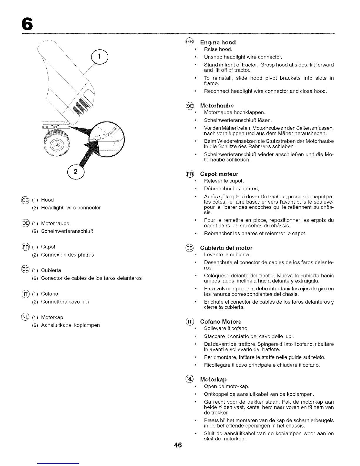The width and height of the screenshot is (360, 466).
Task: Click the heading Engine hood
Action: [x=218, y=42]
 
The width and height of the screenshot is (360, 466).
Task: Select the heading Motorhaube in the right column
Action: [x=217, y=106]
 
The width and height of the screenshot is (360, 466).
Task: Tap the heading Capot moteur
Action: [x=219, y=174]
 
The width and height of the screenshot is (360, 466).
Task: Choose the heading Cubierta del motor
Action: [x=226, y=248]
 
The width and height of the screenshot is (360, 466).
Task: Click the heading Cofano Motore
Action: [x=221, y=322]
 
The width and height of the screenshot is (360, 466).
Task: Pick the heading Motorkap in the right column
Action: [x=213, y=379]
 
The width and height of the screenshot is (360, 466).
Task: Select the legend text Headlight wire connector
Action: [x=71, y=208]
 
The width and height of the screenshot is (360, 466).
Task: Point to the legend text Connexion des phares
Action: [x=68, y=255]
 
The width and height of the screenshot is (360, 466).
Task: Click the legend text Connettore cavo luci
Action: [x=65, y=302]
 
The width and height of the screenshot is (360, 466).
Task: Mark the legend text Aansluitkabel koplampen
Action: [x=71, y=325]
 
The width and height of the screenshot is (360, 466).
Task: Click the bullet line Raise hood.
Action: [x=218, y=49]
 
